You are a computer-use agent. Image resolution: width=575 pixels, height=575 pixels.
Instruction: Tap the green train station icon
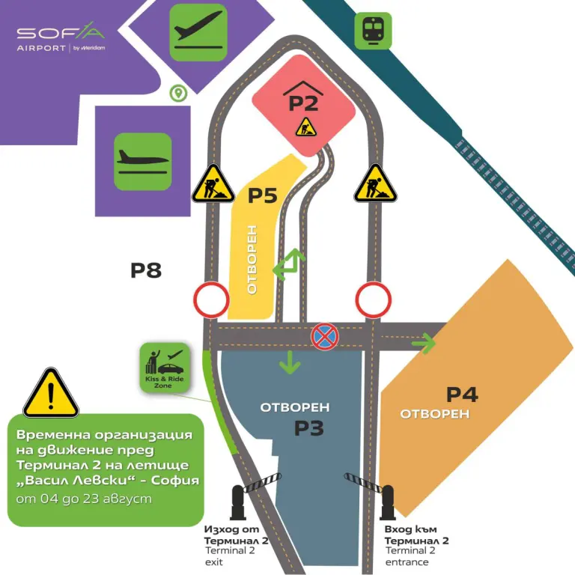[372, 31]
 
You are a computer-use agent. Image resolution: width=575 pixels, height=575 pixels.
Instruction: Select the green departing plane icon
[198, 33]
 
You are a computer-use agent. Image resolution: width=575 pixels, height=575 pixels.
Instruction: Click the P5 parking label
[263, 196]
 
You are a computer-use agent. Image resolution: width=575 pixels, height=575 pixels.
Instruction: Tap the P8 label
[146, 270]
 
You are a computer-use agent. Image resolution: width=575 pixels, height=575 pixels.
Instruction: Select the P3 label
[308, 428]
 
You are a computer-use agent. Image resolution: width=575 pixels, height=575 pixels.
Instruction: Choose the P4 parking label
[462, 394]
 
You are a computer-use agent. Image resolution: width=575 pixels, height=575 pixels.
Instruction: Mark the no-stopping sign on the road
[324, 335]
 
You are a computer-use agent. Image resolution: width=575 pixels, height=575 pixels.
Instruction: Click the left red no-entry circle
[211, 300]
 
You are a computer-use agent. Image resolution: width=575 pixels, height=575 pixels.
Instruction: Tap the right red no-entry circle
[372, 300]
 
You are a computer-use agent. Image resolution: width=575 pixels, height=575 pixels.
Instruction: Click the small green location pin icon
[178, 94]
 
